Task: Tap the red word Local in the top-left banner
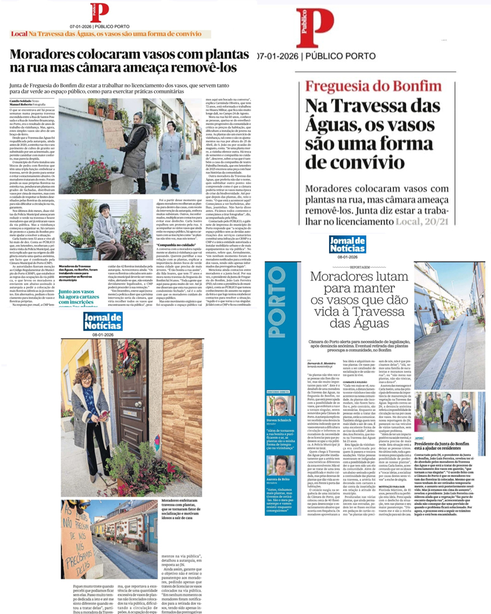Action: (19, 35)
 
